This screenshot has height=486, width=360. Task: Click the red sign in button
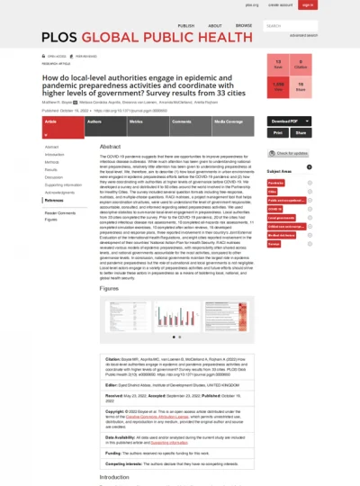(x=308, y=5)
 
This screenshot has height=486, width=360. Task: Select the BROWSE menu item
(x=243, y=26)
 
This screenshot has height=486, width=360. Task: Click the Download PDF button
(x=286, y=121)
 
